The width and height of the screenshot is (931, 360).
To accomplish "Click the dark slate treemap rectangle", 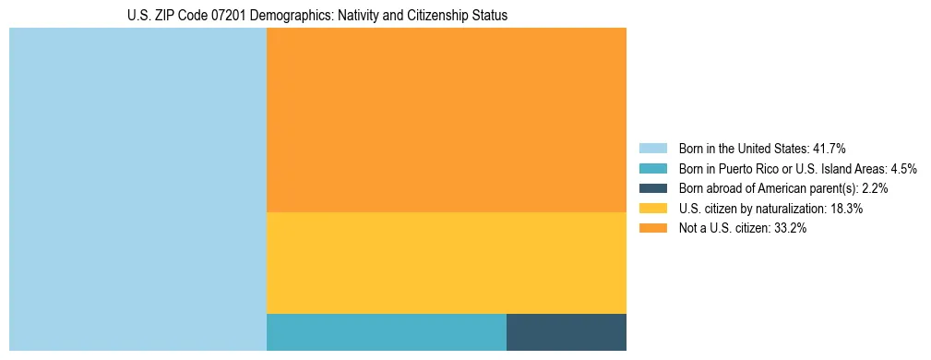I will tap(566, 332).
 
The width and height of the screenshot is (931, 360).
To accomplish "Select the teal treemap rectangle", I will tap(386, 332).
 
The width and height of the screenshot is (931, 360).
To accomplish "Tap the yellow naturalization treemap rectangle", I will tap(446, 263).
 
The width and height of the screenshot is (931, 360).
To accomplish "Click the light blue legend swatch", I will tap(652, 148).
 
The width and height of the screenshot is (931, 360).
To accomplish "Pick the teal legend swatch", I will tap(652, 168).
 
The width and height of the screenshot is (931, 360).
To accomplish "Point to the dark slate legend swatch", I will tap(652, 188).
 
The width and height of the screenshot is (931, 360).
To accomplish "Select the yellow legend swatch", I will tap(652, 209).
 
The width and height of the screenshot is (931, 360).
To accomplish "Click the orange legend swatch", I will tap(652, 229).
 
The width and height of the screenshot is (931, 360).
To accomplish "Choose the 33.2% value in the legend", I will tap(790, 229).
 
